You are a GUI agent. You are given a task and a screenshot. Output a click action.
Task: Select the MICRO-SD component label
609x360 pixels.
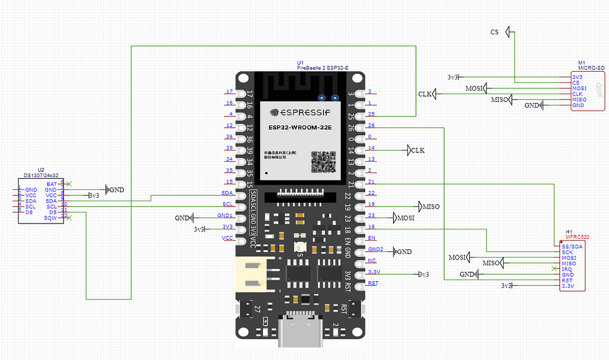point(591,68)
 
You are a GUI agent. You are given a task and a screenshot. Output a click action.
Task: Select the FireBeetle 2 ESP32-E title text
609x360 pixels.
point(322,68)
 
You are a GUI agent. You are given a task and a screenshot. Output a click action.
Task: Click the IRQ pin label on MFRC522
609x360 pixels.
point(567,269)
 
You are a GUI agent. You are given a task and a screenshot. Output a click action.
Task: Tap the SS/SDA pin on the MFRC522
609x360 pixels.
point(572,246)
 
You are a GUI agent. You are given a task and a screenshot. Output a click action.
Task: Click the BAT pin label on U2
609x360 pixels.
point(52,184)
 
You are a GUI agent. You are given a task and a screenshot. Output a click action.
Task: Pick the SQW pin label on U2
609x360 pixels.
point(51,218)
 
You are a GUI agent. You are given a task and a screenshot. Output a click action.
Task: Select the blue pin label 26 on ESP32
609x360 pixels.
point(371,125)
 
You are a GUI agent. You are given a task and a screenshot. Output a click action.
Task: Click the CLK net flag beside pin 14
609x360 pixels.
point(415,150)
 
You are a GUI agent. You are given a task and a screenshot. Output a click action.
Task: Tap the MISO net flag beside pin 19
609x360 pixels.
point(428,206)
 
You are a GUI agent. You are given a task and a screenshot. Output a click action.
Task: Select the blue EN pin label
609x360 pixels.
point(371,238)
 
